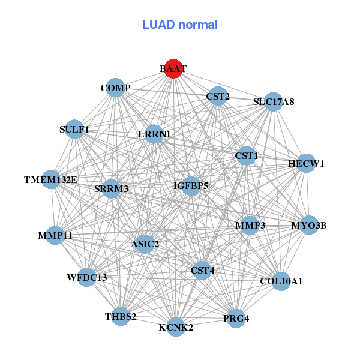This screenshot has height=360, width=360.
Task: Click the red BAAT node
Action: click(x=173, y=69)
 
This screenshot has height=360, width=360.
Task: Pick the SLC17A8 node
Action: click(x=273, y=101)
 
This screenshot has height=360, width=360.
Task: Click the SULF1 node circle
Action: click(x=74, y=129)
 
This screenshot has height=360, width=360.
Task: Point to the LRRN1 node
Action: click(x=155, y=134)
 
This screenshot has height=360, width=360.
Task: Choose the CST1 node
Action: click(x=246, y=156)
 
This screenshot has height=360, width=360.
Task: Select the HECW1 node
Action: click(x=306, y=163)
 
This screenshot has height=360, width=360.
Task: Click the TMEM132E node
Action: click(x=51, y=179)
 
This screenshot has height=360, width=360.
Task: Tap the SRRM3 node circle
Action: click(x=112, y=188)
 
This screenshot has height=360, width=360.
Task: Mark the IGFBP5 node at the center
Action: click(x=191, y=186)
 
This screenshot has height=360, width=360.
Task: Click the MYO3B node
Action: click(x=309, y=226)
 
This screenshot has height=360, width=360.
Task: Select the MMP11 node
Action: click(x=55, y=236)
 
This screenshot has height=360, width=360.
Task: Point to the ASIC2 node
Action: click(x=145, y=244)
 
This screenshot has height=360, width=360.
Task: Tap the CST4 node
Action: click(x=202, y=271)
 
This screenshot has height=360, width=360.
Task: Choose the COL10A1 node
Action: click(x=281, y=280)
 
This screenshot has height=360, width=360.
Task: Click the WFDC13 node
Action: click(x=87, y=277)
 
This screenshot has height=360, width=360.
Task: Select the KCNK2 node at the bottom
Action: click(x=176, y=327)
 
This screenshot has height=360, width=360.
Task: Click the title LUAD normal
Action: click(x=180, y=25)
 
